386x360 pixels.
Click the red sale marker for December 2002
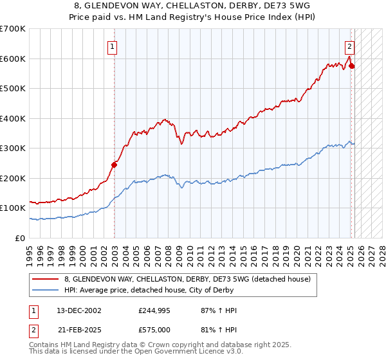pyautogui.click(x=114, y=165)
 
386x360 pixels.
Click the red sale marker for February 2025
pyautogui.click(x=352, y=66)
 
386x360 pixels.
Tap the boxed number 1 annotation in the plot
pyautogui.click(x=112, y=46)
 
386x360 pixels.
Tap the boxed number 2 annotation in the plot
pyautogui.click(x=349, y=46)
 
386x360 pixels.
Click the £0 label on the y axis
pyautogui.click(x=21, y=238)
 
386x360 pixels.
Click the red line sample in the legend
pyautogui.click(x=45, y=279)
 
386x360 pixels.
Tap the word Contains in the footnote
pyautogui.click(x=44, y=345)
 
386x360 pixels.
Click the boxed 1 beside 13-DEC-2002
pyautogui.click(x=33, y=310)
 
